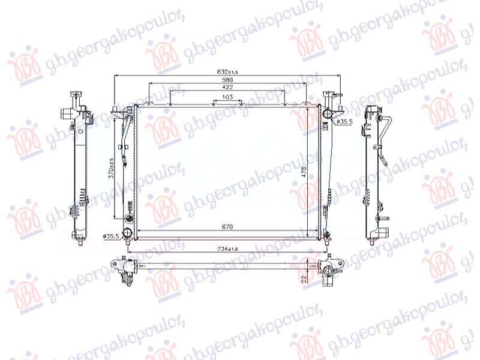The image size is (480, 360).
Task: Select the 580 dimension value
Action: click(227, 79)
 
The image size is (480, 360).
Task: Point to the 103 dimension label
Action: click(227, 97)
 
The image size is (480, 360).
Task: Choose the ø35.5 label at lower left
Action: click(110, 236)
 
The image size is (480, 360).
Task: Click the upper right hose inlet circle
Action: click(327, 113)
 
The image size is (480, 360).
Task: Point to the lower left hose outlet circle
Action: click(127, 233)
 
